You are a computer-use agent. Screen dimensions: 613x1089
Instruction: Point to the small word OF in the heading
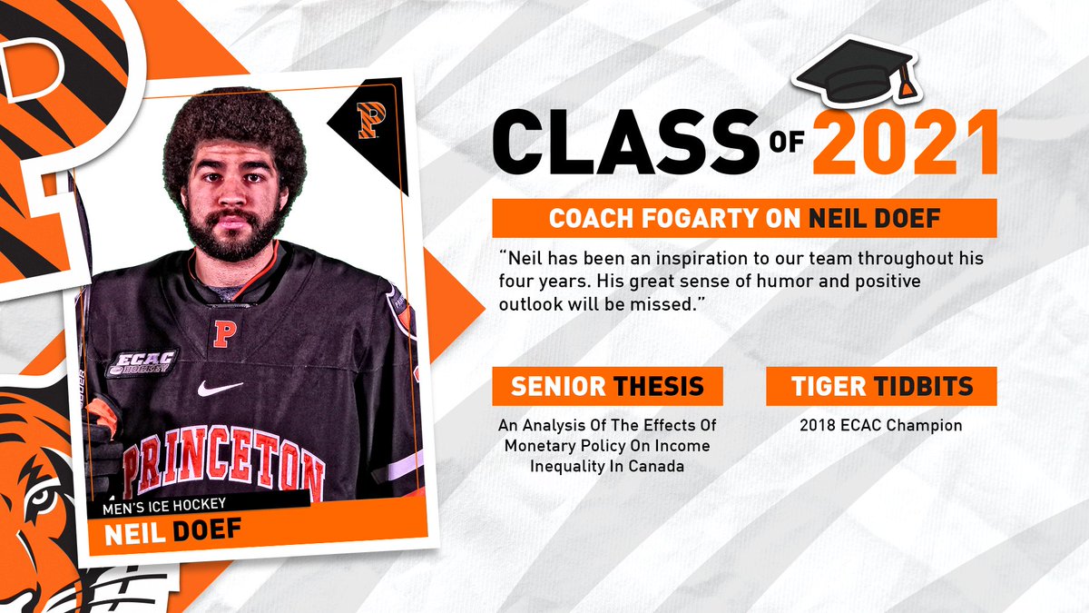[x=788, y=153]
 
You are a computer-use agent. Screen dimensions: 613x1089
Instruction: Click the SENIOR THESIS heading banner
[x=607, y=386]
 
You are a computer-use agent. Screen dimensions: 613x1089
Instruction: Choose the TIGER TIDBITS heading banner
[x=881, y=386]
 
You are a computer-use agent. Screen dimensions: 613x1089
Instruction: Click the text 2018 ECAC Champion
[x=881, y=425]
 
